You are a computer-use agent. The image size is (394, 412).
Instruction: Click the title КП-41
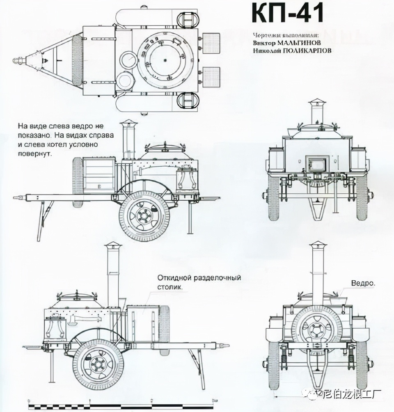(287, 14)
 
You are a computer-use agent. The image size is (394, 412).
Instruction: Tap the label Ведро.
(363, 283)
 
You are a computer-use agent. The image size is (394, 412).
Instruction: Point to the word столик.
(169, 287)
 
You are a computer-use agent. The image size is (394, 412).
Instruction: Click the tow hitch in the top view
(19, 61)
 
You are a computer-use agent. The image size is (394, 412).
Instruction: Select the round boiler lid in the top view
(165, 60)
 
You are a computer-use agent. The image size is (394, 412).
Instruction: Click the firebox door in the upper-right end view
(318, 164)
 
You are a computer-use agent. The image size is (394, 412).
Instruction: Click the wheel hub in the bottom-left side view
(98, 364)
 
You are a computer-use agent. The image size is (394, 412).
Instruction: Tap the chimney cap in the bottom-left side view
(113, 245)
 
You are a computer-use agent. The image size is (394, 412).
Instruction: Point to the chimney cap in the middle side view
(128, 123)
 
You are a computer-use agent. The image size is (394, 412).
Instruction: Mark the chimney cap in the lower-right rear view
(318, 245)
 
